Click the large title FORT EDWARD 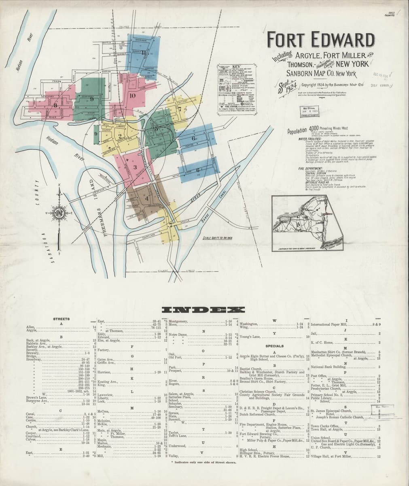click(x=320, y=40)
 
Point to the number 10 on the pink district click(x=132, y=96)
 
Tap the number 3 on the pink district click(x=135, y=167)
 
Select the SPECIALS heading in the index click(x=274, y=346)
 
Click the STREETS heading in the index click(x=61, y=319)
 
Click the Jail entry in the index click(x=314, y=333)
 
